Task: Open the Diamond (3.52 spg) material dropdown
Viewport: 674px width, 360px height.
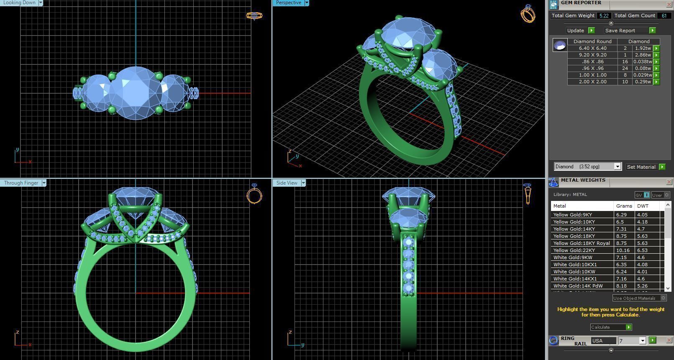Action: pyautogui.click(x=617, y=167)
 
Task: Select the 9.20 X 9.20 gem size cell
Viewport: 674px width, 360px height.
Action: pyautogui.click(x=592, y=55)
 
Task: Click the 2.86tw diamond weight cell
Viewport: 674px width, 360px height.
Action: pyautogui.click(x=642, y=55)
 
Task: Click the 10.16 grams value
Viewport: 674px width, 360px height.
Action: pyautogui.click(x=623, y=250)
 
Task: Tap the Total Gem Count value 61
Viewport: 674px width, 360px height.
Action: pyautogui.click(x=664, y=15)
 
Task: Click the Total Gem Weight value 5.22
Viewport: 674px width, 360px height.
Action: pyautogui.click(x=603, y=15)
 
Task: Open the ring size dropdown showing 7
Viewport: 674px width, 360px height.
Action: pyautogui.click(x=643, y=341)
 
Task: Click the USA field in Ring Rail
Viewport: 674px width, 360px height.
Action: pyautogui.click(x=603, y=341)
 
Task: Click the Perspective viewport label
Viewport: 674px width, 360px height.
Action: pyautogui.click(x=288, y=3)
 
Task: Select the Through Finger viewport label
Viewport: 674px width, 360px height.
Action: pyautogui.click(x=21, y=183)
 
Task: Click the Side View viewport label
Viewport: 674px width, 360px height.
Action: pyautogui.click(x=287, y=183)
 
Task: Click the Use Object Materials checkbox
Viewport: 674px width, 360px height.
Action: pyautogui.click(x=663, y=298)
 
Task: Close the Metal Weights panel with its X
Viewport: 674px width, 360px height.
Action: pyautogui.click(x=669, y=182)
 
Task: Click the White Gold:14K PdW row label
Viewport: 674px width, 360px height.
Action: pyautogui.click(x=578, y=286)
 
